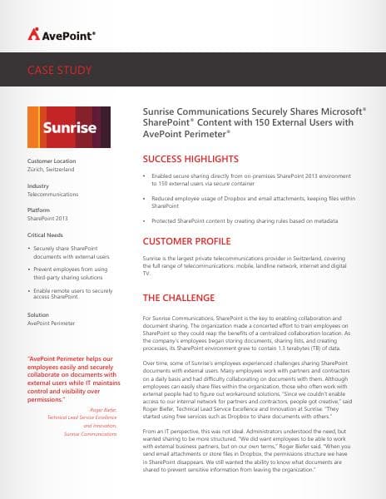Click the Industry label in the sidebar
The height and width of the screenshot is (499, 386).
point(38,186)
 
